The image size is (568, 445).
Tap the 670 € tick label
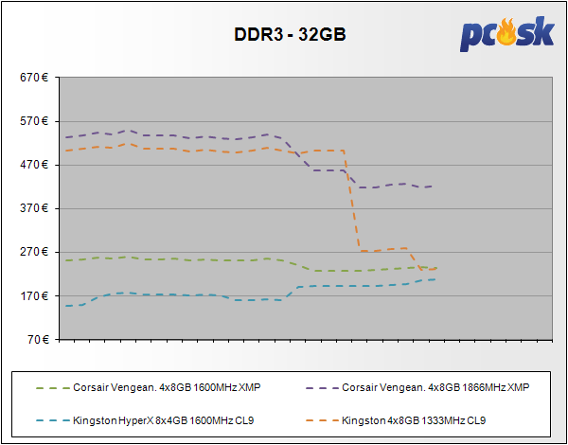click(x=35, y=78)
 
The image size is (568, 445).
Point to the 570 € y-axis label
click(x=35, y=121)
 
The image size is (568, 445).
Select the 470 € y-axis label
click(x=35, y=165)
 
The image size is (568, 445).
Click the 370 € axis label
click(x=35, y=208)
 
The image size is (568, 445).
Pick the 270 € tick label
click(x=35, y=252)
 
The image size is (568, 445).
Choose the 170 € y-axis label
click(x=35, y=295)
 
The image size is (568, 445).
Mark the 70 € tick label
click(x=38, y=339)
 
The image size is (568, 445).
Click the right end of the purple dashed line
click(x=434, y=187)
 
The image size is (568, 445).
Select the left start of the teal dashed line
click(x=65, y=306)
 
